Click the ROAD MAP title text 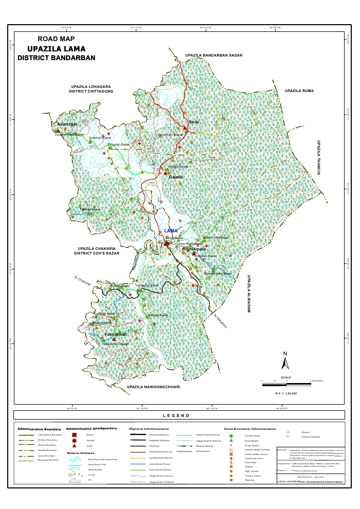click(57, 39)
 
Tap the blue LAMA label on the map click(170, 231)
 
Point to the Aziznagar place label click(68, 124)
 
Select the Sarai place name click(194, 122)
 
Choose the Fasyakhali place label click(116, 335)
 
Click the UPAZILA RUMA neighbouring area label click(299, 90)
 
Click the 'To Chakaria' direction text click(82, 281)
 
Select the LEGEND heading click(176, 415)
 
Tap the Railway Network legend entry click(205, 446)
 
